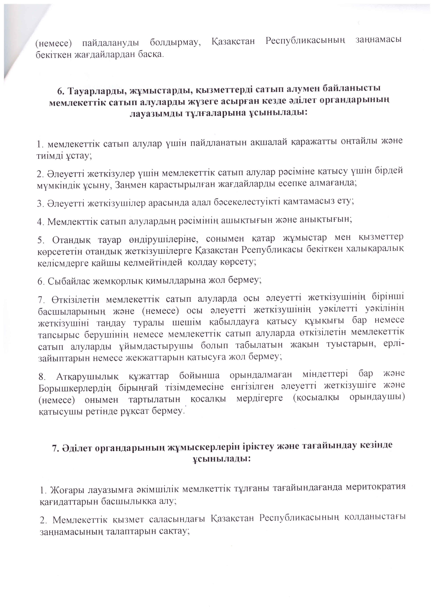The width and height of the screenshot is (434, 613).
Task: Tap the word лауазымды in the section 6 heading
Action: pyautogui.click(x=154, y=113)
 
